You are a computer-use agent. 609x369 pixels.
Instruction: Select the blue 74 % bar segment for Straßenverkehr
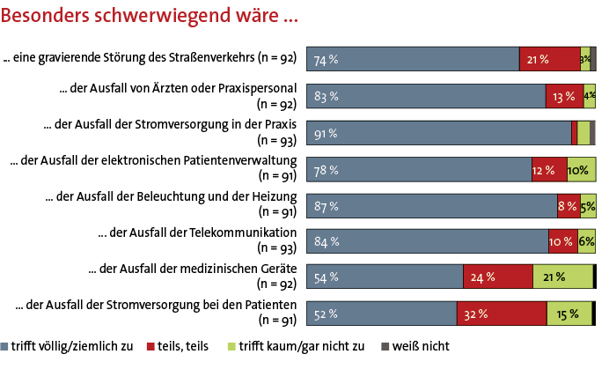coord(413,60)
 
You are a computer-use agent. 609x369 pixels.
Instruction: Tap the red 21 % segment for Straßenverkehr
coord(550,60)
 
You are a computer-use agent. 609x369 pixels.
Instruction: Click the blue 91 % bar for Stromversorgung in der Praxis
coord(438,133)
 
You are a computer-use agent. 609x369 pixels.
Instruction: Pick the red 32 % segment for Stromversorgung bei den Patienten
coord(502,314)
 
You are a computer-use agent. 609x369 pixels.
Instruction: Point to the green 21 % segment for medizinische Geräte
coord(562,277)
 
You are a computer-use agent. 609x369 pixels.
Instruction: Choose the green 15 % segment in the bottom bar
coord(569,314)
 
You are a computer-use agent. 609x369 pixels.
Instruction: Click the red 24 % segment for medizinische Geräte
coord(497,277)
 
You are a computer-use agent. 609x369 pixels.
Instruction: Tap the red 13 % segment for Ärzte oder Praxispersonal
coord(563,96)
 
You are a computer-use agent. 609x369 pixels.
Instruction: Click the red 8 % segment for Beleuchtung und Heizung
coord(569,205)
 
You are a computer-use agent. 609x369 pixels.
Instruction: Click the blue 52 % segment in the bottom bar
coord(381,314)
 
